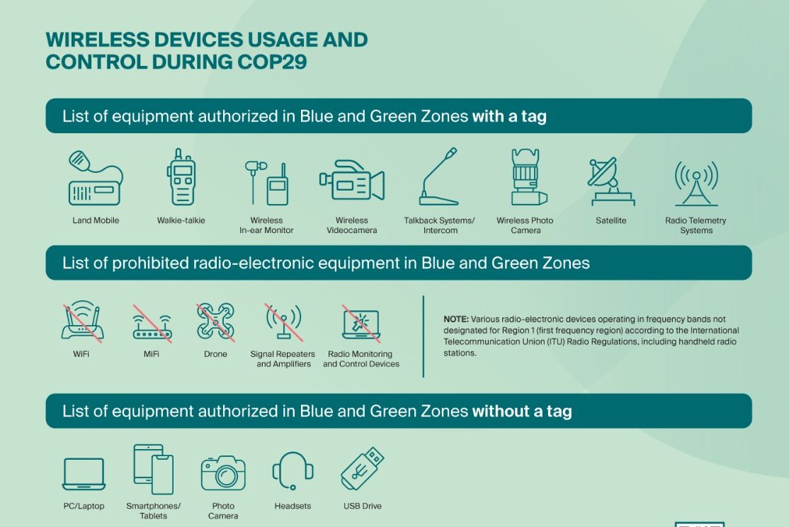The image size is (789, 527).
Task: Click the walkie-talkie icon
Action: [x=181, y=176]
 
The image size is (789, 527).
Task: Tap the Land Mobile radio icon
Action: [x=95, y=178]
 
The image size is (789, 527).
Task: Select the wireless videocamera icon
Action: [x=352, y=180]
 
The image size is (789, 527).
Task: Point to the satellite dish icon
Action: [x=611, y=181]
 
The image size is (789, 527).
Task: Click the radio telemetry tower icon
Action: [x=696, y=183]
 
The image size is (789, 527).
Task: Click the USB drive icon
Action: [x=363, y=469]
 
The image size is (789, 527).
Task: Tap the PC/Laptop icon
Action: [x=84, y=474]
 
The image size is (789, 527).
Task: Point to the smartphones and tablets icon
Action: [x=154, y=469]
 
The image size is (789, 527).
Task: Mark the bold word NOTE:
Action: [x=456, y=319]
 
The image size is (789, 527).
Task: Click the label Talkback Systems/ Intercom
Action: [x=440, y=225]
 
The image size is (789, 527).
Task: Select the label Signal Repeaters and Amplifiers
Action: [x=283, y=359]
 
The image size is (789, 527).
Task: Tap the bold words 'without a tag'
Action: [x=522, y=412]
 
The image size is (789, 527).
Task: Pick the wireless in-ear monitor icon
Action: [x=267, y=182]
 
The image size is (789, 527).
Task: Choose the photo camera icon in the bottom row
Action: [x=223, y=472]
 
